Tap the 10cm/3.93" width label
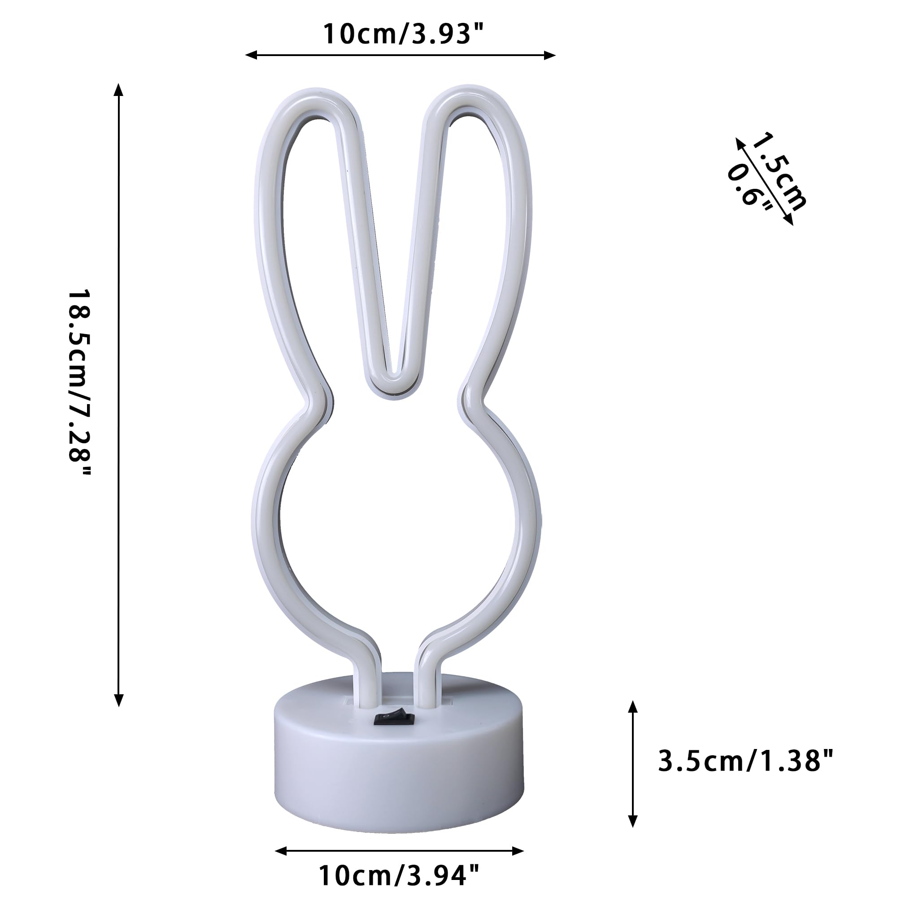click(x=403, y=34)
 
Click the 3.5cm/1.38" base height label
click(x=745, y=761)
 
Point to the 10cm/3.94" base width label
click(x=398, y=875)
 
